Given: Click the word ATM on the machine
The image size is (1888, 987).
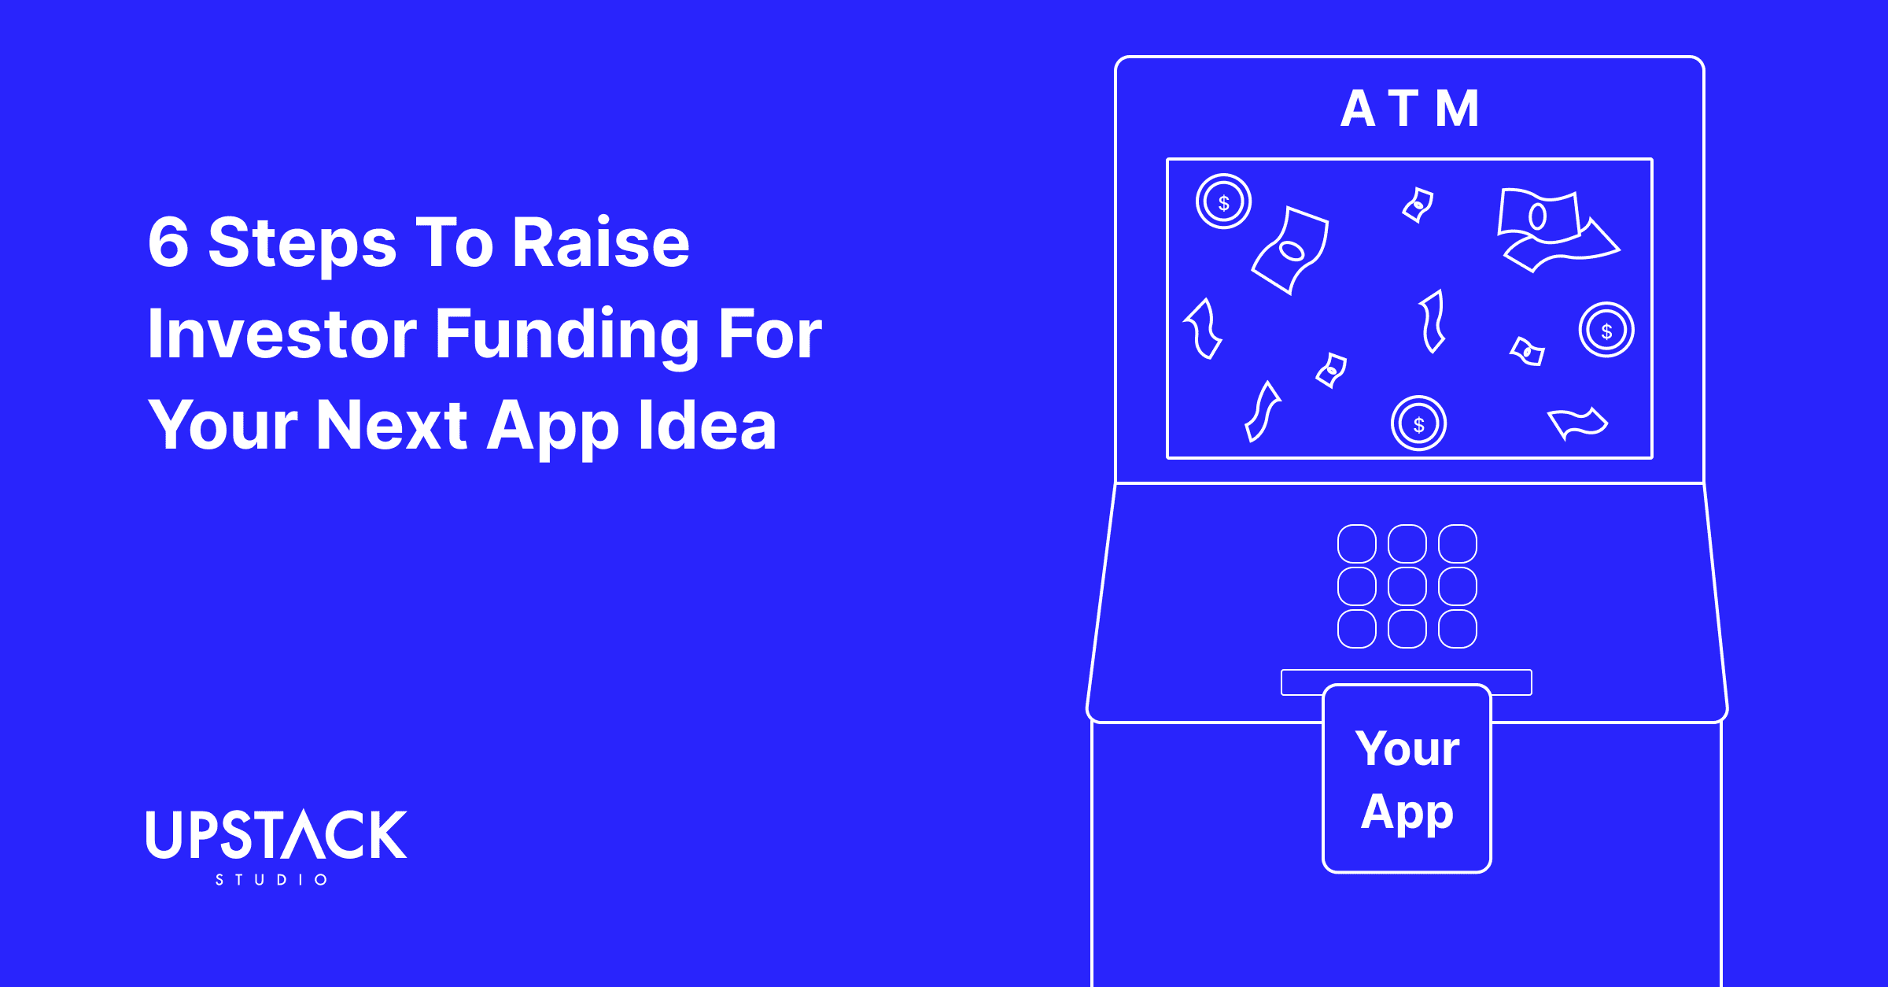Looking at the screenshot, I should point(1410,109).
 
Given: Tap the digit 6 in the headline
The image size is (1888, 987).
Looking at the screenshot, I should point(168,243).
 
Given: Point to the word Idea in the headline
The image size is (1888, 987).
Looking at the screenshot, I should point(707,426).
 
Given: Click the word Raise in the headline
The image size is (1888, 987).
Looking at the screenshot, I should point(601,243).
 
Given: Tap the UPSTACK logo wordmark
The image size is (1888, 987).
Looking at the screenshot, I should point(276,834).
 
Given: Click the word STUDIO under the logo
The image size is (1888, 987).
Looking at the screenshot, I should point(271,879).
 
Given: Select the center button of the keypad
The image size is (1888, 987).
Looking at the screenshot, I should point(1407,586).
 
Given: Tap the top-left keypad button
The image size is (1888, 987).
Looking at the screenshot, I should point(1357,544).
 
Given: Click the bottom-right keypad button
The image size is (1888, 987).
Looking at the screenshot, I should point(1458,629).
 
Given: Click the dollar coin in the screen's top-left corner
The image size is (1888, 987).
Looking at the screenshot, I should point(1223,201).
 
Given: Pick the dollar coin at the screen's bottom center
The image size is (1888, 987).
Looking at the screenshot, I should point(1418,423).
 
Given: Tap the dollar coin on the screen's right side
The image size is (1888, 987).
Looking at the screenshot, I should point(1606,330).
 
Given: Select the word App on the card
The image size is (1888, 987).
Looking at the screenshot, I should point(1407,812).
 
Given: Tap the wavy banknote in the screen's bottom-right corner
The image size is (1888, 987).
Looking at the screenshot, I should point(1577,423).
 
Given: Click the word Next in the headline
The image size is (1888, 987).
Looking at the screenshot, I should point(391,426).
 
